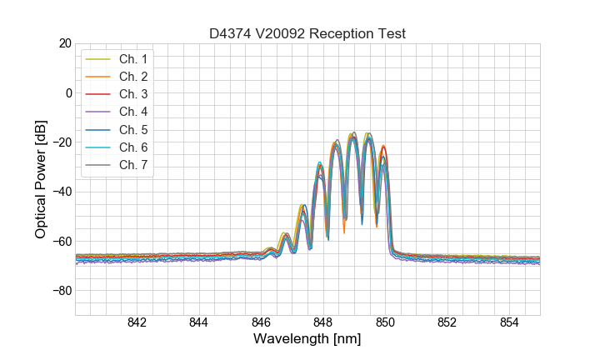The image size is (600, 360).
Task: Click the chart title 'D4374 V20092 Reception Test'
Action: (307, 33)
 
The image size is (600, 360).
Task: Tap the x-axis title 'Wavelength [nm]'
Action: (307, 339)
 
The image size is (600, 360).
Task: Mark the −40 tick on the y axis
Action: (60, 192)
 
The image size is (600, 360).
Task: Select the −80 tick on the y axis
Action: (60, 291)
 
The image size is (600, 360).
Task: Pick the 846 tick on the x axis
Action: (261, 322)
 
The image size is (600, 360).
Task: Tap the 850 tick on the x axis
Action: (385, 322)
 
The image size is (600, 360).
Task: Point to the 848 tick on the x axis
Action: (323, 322)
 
